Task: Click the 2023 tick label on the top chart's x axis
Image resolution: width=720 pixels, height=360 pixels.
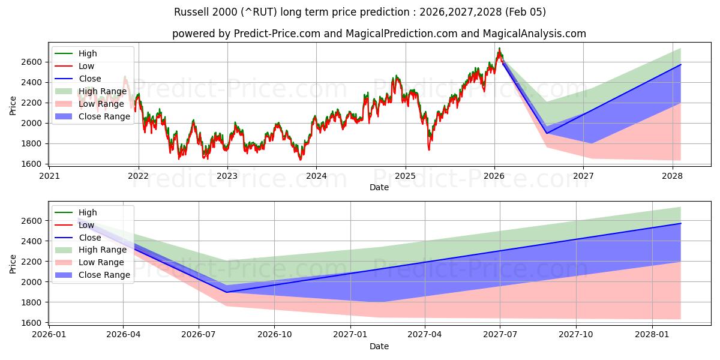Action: pyautogui.click(x=227, y=176)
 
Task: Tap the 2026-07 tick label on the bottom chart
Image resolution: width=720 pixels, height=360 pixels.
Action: pyautogui.click(x=199, y=335)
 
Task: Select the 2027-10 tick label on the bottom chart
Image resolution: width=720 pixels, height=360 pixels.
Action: pyautogui.click(x=576, y=335)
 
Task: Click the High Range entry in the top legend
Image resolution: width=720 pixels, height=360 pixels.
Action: pyautogui.click(x=102, y=91)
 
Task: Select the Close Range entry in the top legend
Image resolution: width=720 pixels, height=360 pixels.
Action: pyautogui.click(x=104, y=116)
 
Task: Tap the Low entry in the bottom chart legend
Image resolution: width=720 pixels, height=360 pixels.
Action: pyautogui.click(x=86, y=225)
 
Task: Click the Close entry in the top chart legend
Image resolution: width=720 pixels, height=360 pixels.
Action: pyautogui.click(x=89, y=79)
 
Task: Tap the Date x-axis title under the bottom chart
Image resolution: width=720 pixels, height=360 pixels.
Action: pyautogui.click(x=379, y=346)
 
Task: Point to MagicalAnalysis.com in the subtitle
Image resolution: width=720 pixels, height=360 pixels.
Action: pyautogui.click(x=534, y=34)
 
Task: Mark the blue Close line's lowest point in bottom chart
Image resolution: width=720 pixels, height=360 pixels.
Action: pyautogui.click(x=227, y=292)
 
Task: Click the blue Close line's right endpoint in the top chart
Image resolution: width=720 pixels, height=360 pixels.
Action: pyautogui.click(x=680, y=64)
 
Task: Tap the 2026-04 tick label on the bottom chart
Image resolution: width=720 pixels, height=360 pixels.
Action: pyautogui.click(x=123, y=335)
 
